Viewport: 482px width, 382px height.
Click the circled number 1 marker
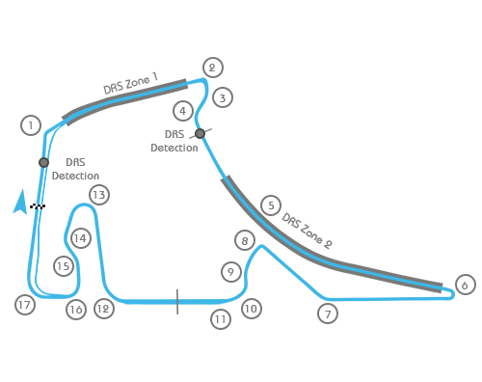pyautogui.click(x=31, y=125)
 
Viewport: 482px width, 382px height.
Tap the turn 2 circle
pyautogui.click(x=213, y=68)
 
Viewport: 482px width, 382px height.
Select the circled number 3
pyautogui.click(x=223, y=97)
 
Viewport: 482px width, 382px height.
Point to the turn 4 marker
pyautogui.click(x=183, y=111)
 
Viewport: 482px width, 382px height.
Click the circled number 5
pyautogui.click(x=271, y=205)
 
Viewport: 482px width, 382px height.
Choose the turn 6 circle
pyautogui.click(x=465, y=285)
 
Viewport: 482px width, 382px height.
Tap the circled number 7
pyautogui.click(x=329, y=314)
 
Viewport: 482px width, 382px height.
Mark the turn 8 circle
pyautogui.click(x=245, y=240)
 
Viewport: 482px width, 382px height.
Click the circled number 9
pyautogui.click(x=230, y=272)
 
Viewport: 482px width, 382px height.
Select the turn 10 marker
pyautogui.click(x=252, y=309)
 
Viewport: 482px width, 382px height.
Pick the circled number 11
pyautogui.click(x=222, y=318)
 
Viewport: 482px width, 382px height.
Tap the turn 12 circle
pyautogui.click(x=103, y=309)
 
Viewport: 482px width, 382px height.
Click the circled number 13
pyautogui.click(x=99, y=195)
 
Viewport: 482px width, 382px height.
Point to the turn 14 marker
pyautogui.click(x=81, y=237)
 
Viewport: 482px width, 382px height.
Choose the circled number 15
pyautogui.click(x=64, y=266)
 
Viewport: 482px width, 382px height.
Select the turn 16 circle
pyautogui.click(x=76, y=310)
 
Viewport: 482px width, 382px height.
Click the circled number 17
pyautogui.click(x=25, y=305)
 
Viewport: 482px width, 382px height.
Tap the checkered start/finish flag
pyautogui.click(x=38, y=206)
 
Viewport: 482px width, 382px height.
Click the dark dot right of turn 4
pyautogui.click(x=200, y=133)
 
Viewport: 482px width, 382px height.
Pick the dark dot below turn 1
pyautogui.click(x=43, y=162)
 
